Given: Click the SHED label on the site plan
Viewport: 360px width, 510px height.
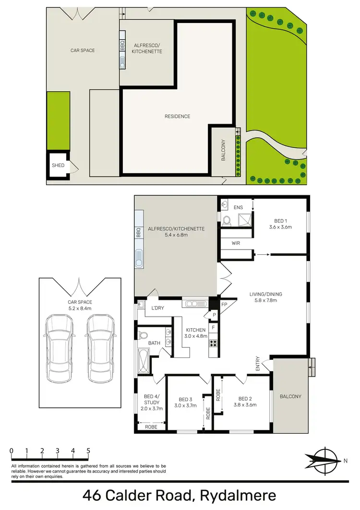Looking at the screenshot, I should point(58,166).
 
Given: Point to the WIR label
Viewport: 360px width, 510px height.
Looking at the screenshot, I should point(236,244).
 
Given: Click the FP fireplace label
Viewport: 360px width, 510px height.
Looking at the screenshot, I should point(224,305).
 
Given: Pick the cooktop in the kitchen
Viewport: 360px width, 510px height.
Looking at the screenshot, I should point(214,343).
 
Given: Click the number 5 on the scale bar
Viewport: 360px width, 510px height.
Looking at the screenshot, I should point(88,451).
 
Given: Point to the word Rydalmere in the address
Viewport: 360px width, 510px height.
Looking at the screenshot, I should point(239,495).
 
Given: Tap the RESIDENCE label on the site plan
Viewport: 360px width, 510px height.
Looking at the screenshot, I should point(178,117).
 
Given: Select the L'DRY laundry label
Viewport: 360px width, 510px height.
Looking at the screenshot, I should point(158,308).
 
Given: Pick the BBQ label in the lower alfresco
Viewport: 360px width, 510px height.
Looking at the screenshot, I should point(139,233).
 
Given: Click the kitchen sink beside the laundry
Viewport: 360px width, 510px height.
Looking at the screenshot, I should point(194,303).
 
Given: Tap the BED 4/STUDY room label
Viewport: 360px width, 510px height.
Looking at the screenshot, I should point(151,399).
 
